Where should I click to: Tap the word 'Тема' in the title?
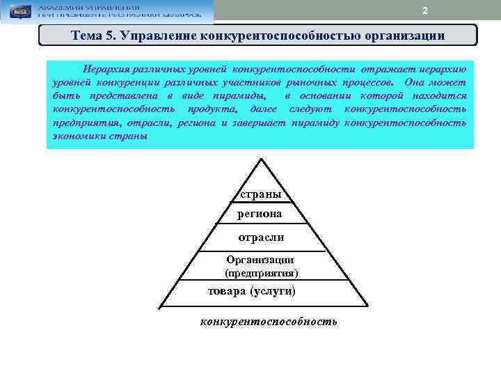87,35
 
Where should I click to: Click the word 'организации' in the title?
409,35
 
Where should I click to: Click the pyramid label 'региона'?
260,214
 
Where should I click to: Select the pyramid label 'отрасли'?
261,237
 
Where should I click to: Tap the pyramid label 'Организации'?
260,260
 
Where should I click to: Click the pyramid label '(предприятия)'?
262,272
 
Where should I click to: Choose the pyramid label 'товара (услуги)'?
252,291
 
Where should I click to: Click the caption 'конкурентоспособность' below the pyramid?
269,321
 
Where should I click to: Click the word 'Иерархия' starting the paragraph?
106,70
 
